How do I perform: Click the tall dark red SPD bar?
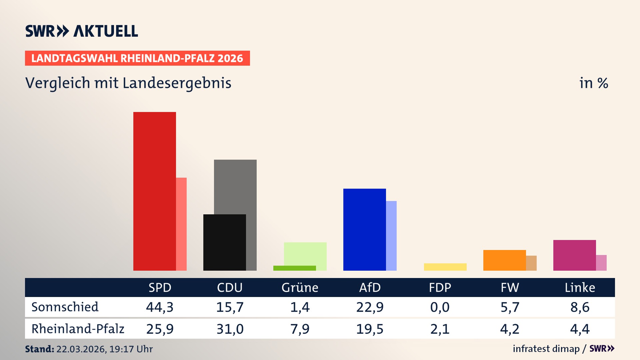(x=154, y=191)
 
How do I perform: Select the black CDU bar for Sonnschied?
(x=224, y=242)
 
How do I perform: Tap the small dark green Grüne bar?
(x=294, y=268)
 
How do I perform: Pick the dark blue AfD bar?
(x=364, y=229)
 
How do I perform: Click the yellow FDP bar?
(x=445, y=267)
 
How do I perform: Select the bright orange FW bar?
(x=504, y=260)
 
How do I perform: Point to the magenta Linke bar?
(x=574, y=255)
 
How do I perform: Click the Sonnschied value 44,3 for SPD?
(x=160, y=307)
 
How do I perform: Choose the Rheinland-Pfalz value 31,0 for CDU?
(x=230, y=329)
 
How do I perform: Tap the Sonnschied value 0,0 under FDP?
(x=440, y=307)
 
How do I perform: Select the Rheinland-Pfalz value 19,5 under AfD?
(x=370, y=329)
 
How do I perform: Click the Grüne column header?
(x=300, y=287)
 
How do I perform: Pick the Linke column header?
(x=580, y=287)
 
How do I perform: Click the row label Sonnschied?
(x=65, y=307)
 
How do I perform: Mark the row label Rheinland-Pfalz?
(x=78, y=329)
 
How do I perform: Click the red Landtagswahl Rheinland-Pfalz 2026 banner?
(x=137, y=58)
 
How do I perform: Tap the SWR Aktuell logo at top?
(x=82, y=31)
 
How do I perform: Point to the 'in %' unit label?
(x=593, y=83)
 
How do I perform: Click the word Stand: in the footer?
(x=39, y=349)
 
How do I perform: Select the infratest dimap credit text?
(x=546, y=349)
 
